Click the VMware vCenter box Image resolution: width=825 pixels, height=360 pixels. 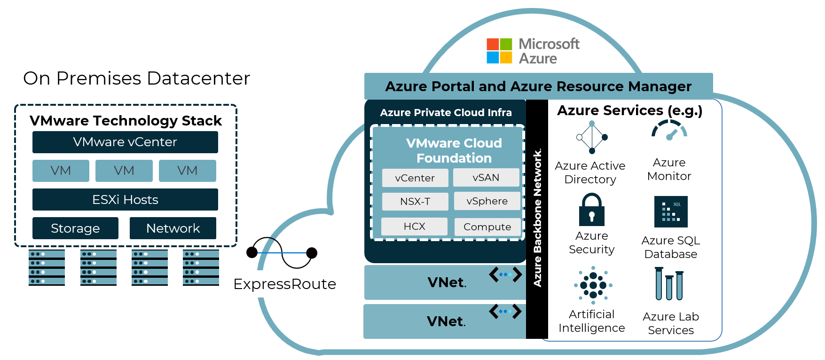[x=125, y=142]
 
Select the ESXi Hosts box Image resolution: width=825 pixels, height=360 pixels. [x=125, y=199]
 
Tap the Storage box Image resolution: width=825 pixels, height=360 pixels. [x=75, y=228]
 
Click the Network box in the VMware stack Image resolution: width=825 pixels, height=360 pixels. [x=173, y=228]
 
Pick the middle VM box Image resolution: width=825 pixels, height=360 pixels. [x=124, y=171]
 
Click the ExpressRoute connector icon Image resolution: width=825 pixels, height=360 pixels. [x=282, y=253]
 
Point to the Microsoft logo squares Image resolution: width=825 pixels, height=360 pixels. [x=499, y=51]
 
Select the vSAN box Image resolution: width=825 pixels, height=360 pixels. [x=486, y=178]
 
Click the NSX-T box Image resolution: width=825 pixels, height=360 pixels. [x=415, y=201]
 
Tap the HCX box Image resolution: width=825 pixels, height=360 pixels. [x=414, y=227]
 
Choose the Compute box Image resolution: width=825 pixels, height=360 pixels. [x=487, y=227]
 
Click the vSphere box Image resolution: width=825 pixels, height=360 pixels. [x=487, y=201]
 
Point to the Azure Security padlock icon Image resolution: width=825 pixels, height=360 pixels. [x=592, y=210]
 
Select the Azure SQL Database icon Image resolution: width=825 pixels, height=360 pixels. [x=671, y=211]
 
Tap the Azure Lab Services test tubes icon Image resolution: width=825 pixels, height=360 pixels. [x=669, y=284]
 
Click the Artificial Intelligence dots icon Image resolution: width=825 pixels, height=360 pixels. [x=593, y=285]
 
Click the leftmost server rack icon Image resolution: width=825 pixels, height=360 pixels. [x=47, y=268]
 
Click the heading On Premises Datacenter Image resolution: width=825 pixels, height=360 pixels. [x=136, y=78]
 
